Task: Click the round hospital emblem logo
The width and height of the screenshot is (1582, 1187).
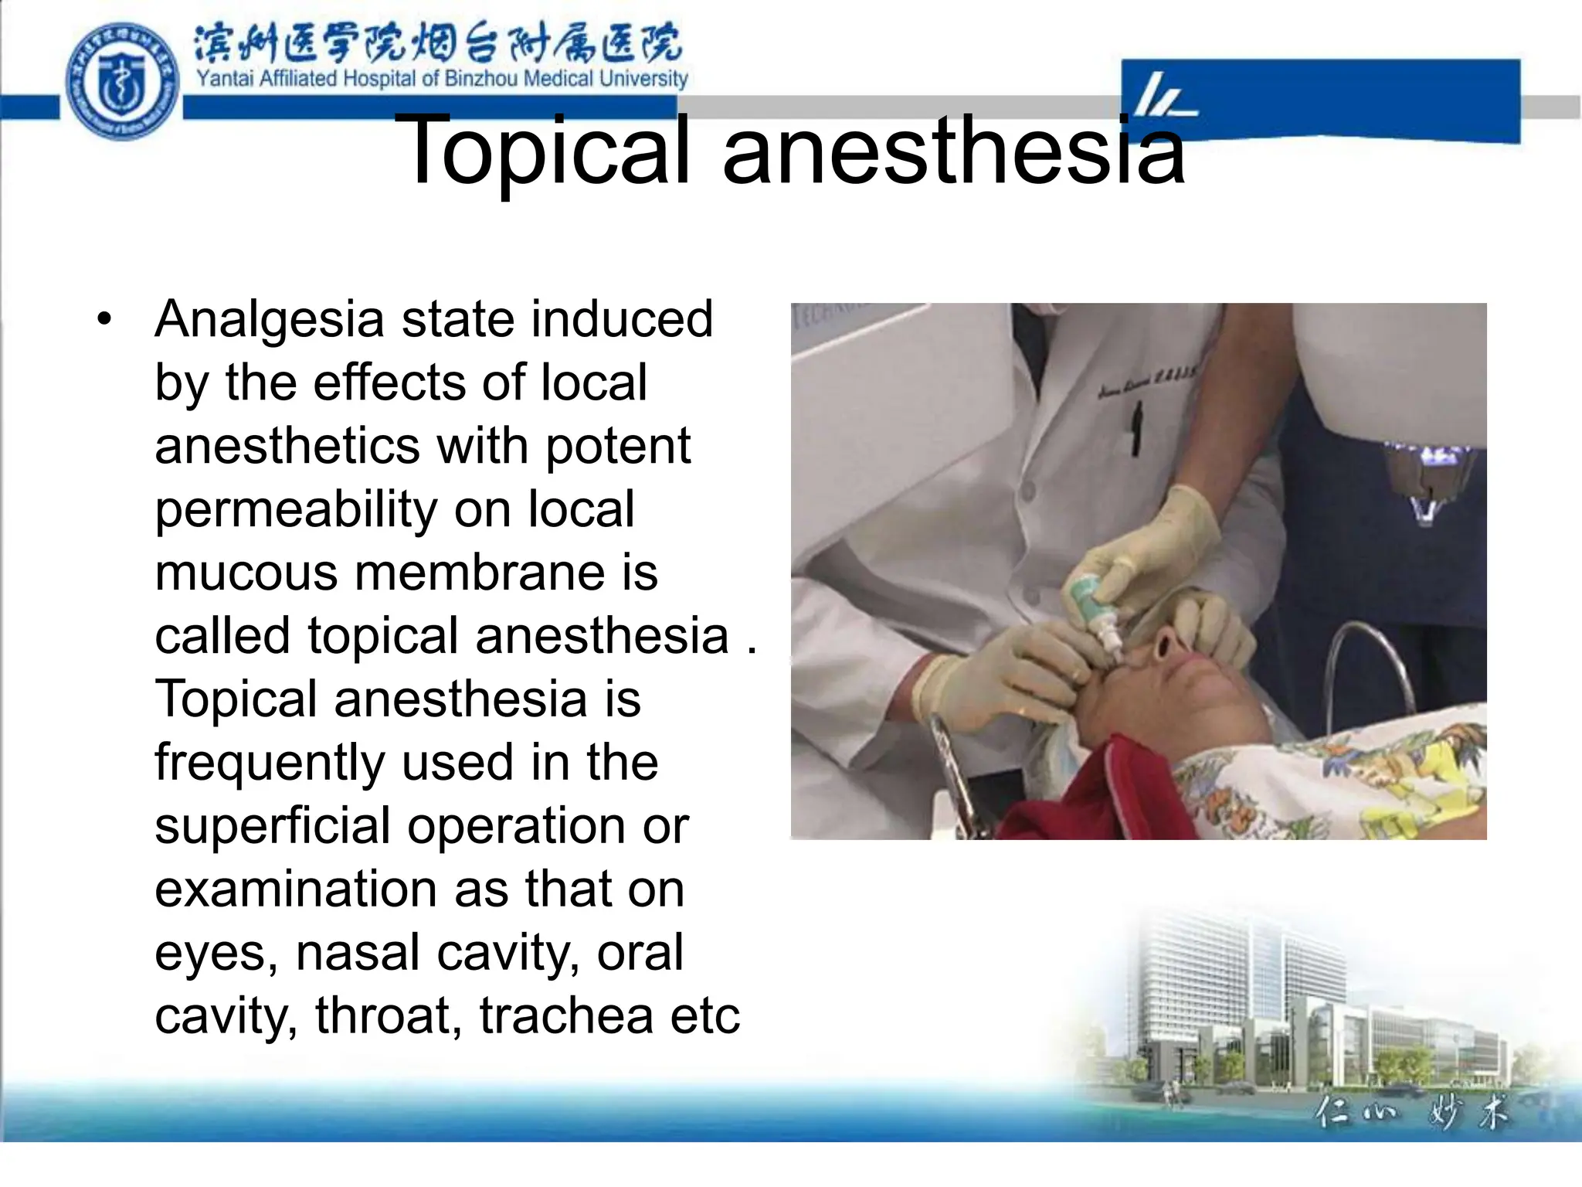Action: click(123, 80)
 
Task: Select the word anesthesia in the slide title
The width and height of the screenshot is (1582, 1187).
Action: click(953, 151)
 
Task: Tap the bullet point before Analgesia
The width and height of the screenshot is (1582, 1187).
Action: click(104, 318)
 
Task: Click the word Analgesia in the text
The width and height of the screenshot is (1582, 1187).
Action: click(270, 320)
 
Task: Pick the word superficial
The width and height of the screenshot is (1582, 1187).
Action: click(273, 825)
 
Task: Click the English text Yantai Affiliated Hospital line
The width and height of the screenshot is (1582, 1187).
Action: click(441, 79)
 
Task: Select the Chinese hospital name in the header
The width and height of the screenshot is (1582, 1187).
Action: click(437, 43)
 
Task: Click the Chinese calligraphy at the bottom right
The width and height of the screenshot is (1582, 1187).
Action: click(1410, 1113)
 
